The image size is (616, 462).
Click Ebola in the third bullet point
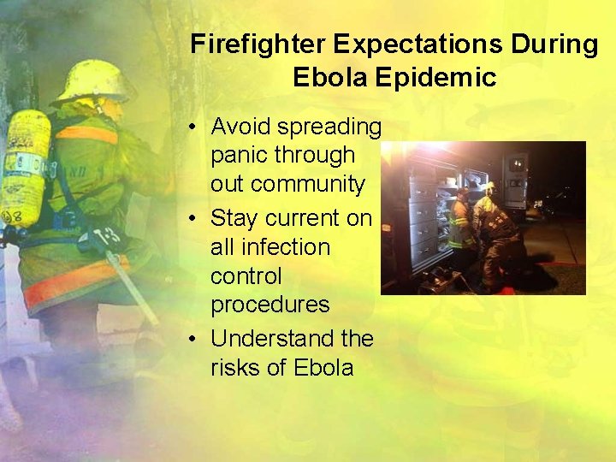pyautogui.click(x=323, y=368)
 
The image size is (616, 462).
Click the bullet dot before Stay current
pyautogui.click(x=195, y=219)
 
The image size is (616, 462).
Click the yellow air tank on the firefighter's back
pyautogui.click(x=26, y=167)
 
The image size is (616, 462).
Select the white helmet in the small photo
pyautogui.click(x=489, y=188)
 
